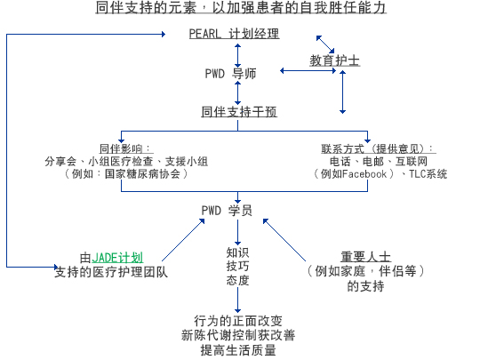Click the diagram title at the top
pyautogui.click(x=241, y=8)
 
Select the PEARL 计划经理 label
pyautogui.click(x=234, y=34)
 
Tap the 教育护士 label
pyautogui.click(x=334, y=60)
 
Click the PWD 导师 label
pyautogui.click(x=230, y=74)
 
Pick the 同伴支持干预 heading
pyautogui.click(x=239, y=112)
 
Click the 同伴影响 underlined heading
pyautogui.click(x=126, y=148)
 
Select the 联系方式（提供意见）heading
pyautogui.click(x=379, y=148)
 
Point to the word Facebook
pyautogui.click(x=364, y=174)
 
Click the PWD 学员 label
pyautogui.click(x=227, y=211)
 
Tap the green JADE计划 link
pyautogui.click(x=117, y=258)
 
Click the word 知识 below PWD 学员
pyautogui.click(x=237, y=252)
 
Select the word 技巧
pyautogui.click(x=237, y=266)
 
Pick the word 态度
pyautogui.click(x=237, y=280)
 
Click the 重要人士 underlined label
pyautogui.click(x=366, y=257)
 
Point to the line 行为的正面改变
pyautogui.click(x=238, y=321)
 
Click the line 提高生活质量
pyautogui.click(x=238, y=350)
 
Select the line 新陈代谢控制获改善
pyautogui.click(x=238, y=335)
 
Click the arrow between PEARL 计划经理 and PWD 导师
pyautogui.click(x=238, y=55)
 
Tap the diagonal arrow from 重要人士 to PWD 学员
pyautogui.click(x=284, y=240)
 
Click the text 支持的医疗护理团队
pyautogui.click(x=111, y=272)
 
